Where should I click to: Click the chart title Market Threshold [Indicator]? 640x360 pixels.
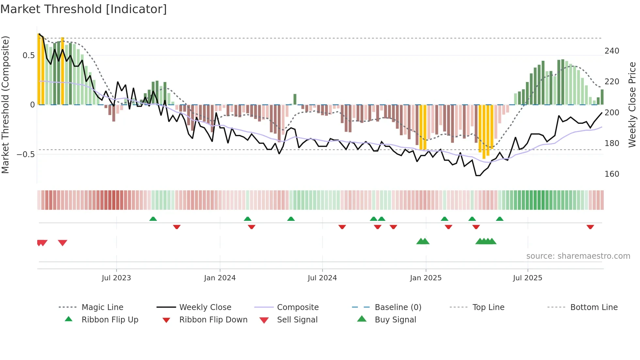84,9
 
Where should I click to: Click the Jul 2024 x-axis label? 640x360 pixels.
322,278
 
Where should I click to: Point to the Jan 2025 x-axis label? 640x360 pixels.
425,278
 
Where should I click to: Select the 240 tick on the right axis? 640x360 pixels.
612,51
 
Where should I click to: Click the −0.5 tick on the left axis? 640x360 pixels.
26,154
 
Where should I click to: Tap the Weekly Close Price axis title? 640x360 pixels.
632,105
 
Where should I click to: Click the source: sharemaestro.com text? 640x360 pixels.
578,256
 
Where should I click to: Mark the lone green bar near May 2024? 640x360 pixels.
295,99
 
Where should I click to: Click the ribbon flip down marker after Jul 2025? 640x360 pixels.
590,227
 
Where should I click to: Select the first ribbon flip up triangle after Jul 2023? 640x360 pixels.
153,219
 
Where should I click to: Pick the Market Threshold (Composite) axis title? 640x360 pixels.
5,105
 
